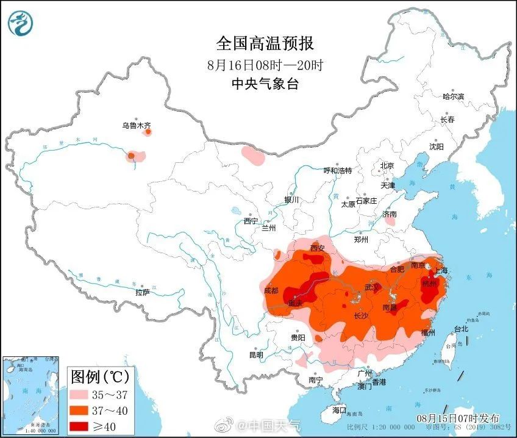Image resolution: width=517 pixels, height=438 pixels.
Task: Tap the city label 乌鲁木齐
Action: coord(135,126)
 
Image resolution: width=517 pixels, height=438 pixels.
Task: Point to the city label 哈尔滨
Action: coord(453,96)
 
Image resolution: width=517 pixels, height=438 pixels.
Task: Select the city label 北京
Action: coord(387,165)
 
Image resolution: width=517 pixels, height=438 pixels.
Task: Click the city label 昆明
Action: coord(255,354)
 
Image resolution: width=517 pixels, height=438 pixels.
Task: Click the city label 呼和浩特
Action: coord(337,171)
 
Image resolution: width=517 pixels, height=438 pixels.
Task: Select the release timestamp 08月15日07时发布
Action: coord(458,418)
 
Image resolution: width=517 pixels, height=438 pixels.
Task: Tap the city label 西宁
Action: coord(251,221)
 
